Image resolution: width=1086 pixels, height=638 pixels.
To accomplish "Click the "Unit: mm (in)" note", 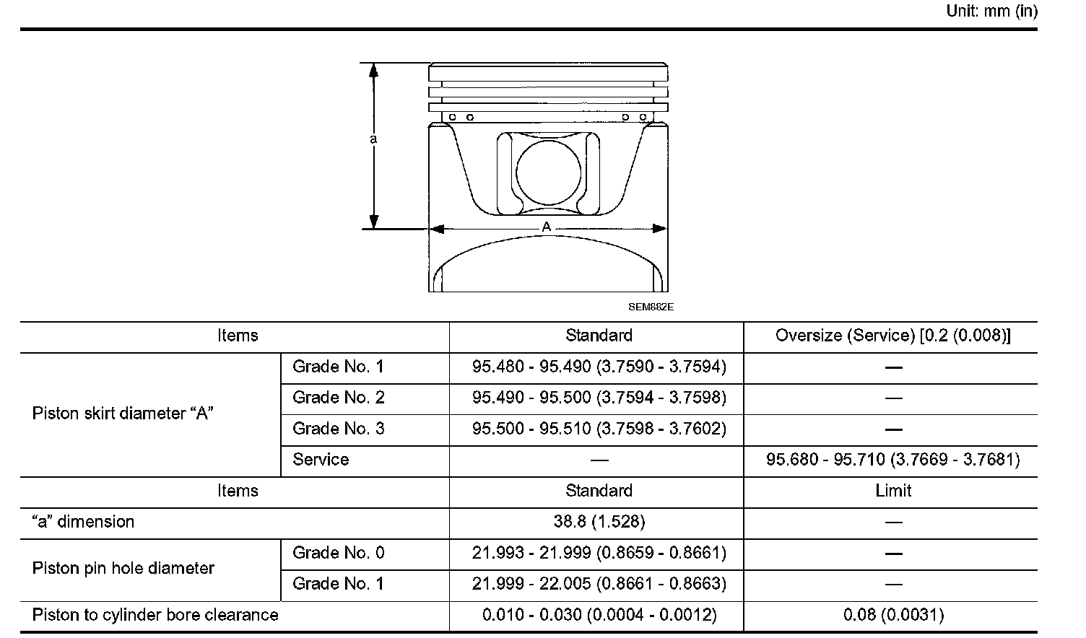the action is (x=991, y=11).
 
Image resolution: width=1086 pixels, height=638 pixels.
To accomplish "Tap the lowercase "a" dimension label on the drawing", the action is (x=373, y=139).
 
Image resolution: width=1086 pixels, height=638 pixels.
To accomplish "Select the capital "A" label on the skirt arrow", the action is (x=547, y=226).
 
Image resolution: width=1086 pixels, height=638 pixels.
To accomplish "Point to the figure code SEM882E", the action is (x=651, y=307).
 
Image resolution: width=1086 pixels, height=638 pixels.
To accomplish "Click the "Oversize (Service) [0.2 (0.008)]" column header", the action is (x=893, y=335).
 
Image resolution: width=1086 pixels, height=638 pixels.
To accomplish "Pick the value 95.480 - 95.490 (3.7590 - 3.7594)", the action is (x=599, y=367).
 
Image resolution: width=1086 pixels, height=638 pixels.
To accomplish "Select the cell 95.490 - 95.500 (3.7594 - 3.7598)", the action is (x=599, y=398).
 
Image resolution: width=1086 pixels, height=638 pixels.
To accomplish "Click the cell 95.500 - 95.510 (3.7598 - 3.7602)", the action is (x=599, y=429).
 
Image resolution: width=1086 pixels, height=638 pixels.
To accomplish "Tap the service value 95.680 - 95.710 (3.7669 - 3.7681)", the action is (x=893, y=459).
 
